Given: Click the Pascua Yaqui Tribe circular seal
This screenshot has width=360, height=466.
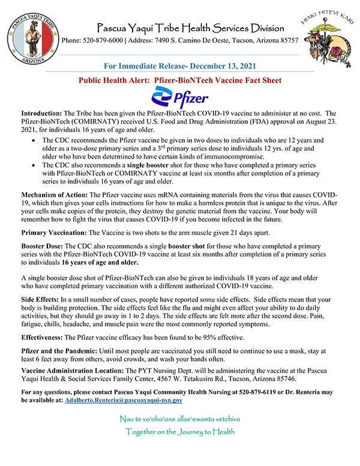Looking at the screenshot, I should (31, 33).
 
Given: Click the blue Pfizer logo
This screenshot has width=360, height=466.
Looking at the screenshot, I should (180, 97).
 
